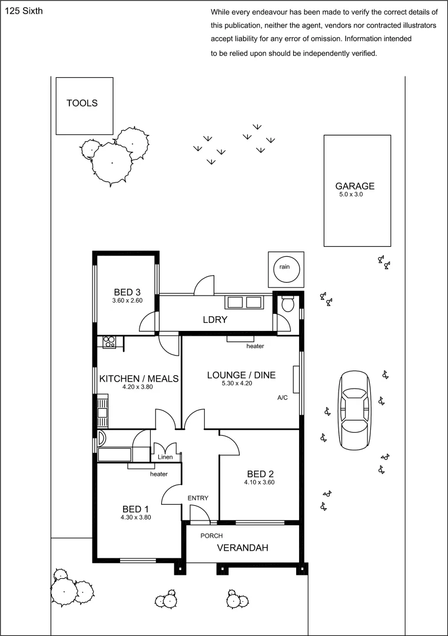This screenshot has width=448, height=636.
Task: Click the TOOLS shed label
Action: click(x=82, y=103)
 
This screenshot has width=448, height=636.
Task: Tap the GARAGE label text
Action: click(x=354, y=186)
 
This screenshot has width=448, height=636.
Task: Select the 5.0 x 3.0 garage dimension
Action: click(x=351, y=194)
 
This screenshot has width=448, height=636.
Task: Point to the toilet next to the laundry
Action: click(x=288, y=304)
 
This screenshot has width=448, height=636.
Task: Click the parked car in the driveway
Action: click(x=355, y=406)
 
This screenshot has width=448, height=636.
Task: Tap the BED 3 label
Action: click(x=127, y=292)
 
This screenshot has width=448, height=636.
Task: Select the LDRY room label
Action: click(x=215, y=320)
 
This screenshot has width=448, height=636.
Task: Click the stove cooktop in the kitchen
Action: click(x=109, y=340)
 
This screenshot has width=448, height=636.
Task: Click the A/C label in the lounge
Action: click(x=282, y=398)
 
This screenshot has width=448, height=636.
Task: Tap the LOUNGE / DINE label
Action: click(x=241, y=375)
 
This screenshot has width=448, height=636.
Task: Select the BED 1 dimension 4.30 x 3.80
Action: click(x=136, y=518)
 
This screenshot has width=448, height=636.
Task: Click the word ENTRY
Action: click(x=198, y=498)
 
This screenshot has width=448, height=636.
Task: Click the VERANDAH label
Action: click(x=243, y=548)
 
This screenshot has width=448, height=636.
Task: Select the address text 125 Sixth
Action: click(x=23, y=11)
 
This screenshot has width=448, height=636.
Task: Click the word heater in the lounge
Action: click(x=255, y=346)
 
